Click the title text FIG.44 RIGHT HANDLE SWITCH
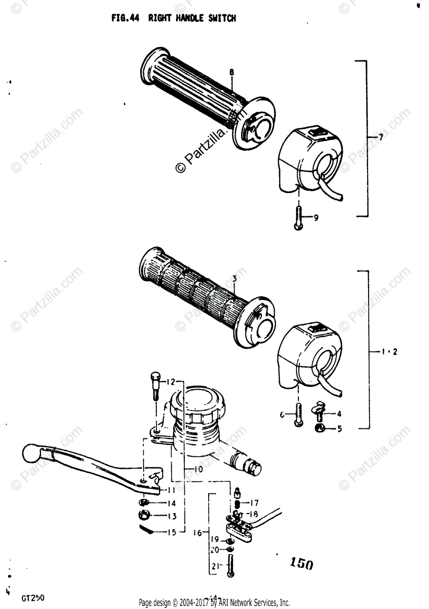174,18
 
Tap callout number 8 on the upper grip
232,73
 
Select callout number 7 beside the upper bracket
380,138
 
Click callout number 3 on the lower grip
234,279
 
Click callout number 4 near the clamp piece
339,414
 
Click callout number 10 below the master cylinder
197,469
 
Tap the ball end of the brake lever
32,452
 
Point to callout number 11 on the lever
171,490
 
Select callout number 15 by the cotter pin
171,532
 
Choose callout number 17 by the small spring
254,503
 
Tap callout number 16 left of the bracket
198,533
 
